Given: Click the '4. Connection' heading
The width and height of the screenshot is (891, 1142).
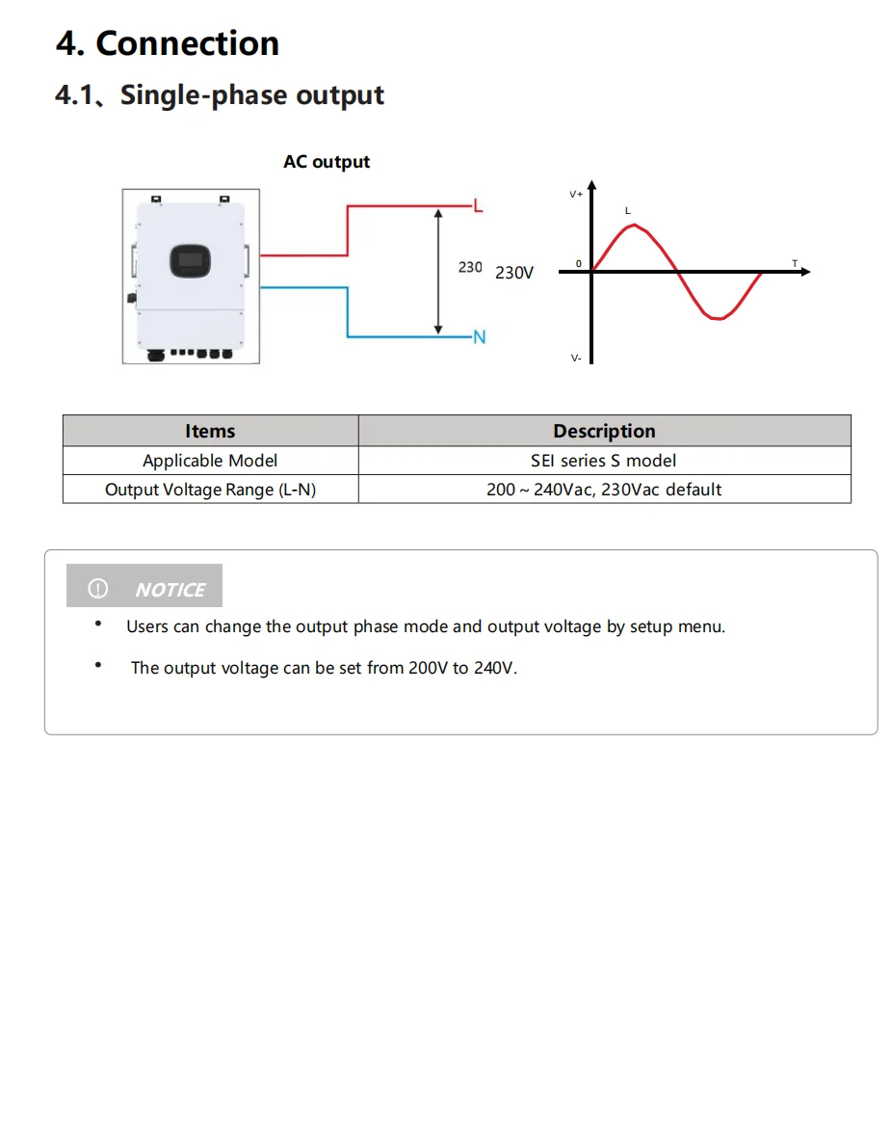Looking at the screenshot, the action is point(168,43).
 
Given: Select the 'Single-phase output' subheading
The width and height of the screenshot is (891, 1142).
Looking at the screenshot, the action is point(251,95).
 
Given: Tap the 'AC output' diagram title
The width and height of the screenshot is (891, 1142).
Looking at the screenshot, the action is point(327,162).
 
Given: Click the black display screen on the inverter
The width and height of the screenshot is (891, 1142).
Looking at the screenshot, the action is point(191,260).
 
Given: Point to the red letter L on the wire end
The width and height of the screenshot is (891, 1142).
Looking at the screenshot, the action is point(479,206).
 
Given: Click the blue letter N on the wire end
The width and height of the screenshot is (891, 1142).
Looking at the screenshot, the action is point(479,337).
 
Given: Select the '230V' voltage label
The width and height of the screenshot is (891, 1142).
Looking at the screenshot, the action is point(514,273).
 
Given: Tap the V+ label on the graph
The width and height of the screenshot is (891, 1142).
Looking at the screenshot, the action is point(576,195).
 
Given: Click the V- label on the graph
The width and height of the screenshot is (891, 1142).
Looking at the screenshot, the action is point(576,359).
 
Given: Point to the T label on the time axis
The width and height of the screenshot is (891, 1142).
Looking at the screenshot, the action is point(794,264).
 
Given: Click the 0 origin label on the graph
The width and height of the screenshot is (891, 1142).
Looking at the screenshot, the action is point(579,264).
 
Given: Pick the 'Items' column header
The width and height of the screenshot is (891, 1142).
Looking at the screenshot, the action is point(210,431).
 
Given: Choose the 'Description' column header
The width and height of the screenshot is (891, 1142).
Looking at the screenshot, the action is point(604,431).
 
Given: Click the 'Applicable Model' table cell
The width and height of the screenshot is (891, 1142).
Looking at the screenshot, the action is point(210,461).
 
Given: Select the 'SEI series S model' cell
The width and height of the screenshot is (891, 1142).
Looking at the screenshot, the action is point(603,461).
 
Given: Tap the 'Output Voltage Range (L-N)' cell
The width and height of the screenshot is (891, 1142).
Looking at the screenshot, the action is point(210,490).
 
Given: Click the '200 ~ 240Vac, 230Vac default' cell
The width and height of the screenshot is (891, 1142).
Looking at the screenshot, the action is point(604,490).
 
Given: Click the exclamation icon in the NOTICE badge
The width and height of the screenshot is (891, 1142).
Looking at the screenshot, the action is point(97,589).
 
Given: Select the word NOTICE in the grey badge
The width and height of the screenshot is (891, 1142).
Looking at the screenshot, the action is point(170,589).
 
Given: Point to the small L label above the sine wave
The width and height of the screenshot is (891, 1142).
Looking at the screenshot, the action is point(627,210).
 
